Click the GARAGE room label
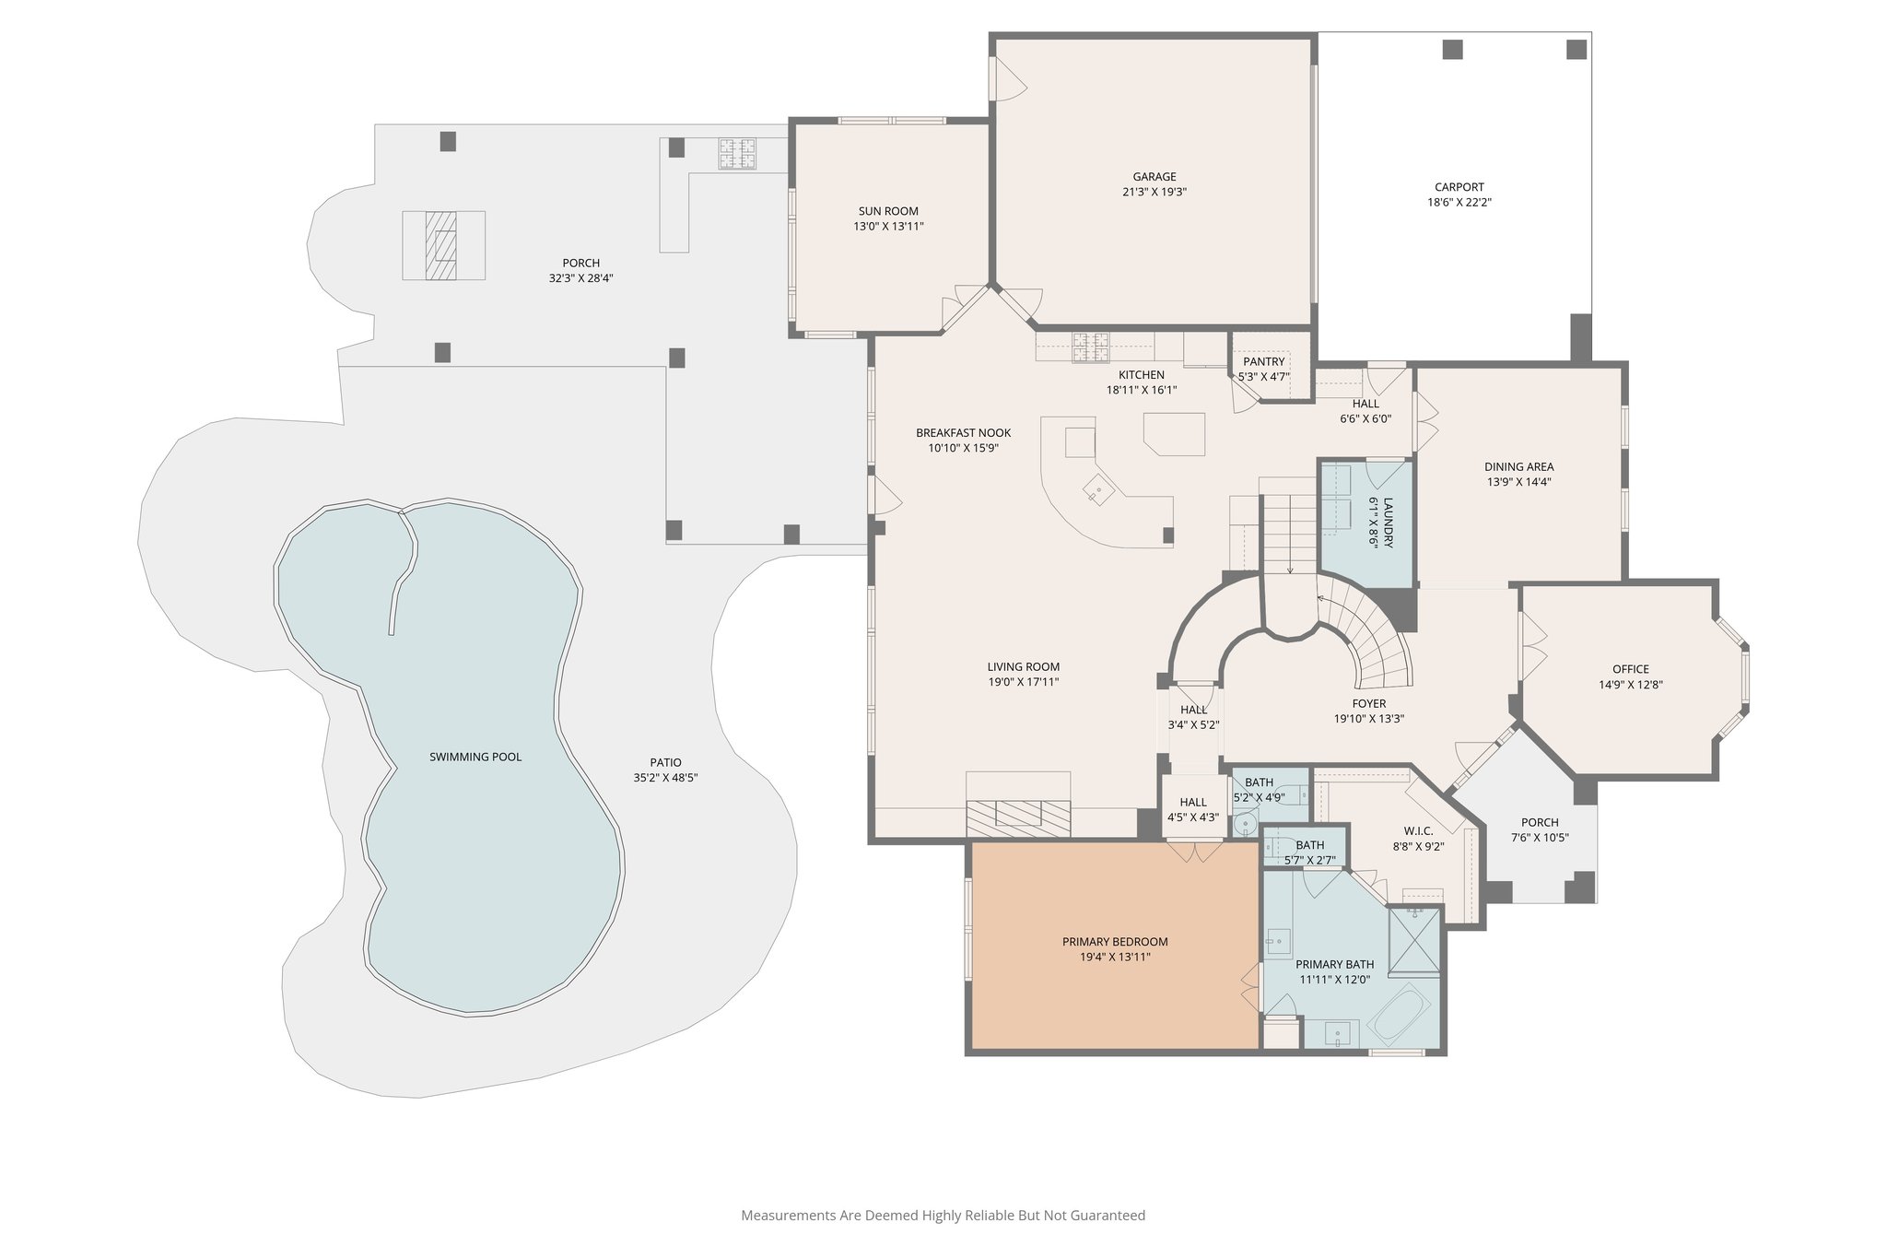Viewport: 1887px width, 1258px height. click(1154, 177)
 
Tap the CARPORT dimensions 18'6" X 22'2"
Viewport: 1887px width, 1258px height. click(1459, 203)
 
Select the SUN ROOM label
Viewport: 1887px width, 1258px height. click(888, 211)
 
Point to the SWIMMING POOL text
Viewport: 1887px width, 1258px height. click(475, 757)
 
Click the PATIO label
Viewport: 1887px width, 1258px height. click(665, 762)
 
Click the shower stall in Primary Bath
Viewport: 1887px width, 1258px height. click(1414, 940)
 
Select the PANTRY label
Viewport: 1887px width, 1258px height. click(1263, 362)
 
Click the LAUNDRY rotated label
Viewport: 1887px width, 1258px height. click(1388, 523)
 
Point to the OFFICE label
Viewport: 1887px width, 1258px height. click(1630, 669)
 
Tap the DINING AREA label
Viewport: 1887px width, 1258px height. click(1518, 466)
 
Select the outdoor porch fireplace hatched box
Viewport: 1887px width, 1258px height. click(443, 245)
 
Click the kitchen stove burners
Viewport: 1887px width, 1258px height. click(1091, 347)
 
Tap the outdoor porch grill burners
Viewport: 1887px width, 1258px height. click(737, 154)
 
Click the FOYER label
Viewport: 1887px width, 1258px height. click(1369, 703)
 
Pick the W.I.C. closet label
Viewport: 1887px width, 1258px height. click(1418, 830)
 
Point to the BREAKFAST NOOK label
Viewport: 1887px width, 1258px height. click(963, 432)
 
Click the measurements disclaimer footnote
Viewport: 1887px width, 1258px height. click(943, 1215)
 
